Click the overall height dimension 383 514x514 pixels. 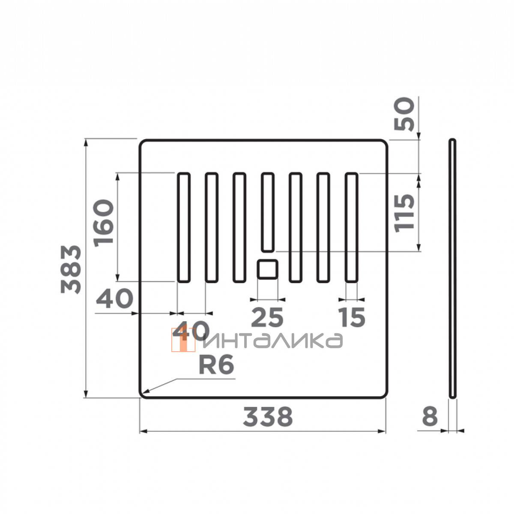pos(71,269)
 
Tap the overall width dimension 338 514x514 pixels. pos(268,417)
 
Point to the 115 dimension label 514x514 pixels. pos(404,213)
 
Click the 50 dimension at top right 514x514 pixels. pos(404,114)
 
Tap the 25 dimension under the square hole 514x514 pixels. pos(267,317)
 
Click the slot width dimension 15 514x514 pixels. pos(352,317)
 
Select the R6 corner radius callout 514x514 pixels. pos(216,365)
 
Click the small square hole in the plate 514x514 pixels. pos(268,269)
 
